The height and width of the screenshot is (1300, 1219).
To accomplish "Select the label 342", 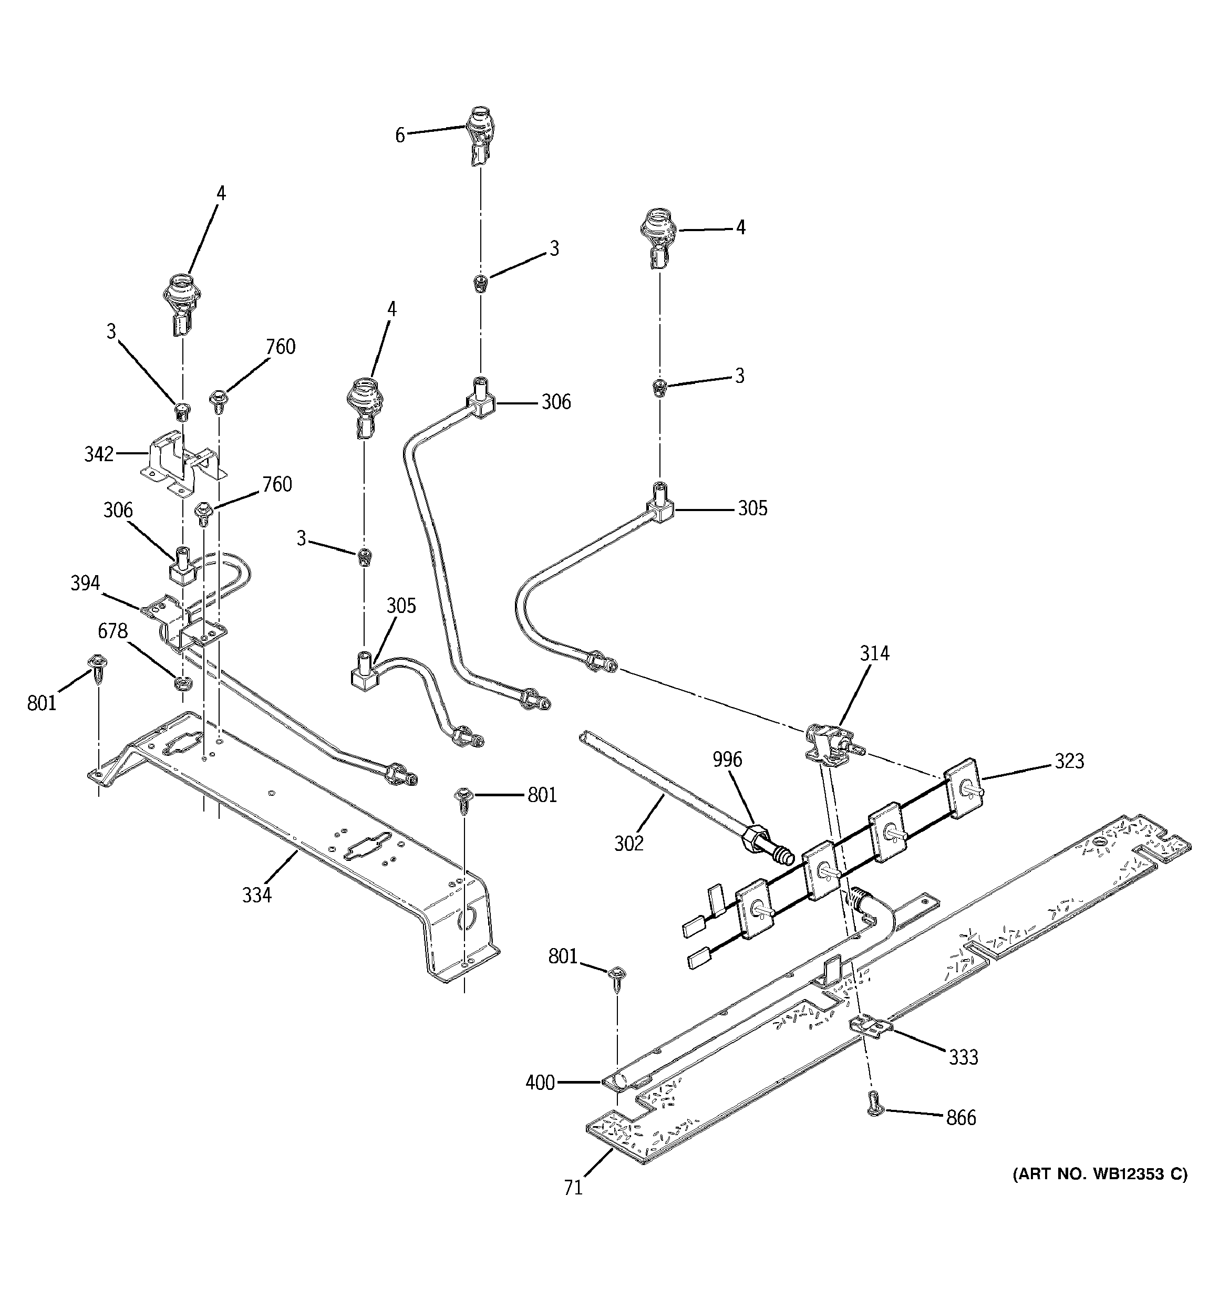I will click(x=99, y=454).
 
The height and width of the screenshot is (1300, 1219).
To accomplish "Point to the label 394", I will click(x=85, y=583).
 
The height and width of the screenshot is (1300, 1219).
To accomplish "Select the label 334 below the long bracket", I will click(x=256, y=895).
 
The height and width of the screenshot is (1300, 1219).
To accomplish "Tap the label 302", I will click(x=629, y=844).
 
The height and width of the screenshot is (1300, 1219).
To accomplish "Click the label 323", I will click(x=1069, y=761).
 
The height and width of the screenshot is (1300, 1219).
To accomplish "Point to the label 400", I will click(x=540, y=1084).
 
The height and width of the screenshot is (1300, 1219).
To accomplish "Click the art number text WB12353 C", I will click(x=1099, y=1174).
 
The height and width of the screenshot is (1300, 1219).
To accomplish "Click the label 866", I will click(x=960, y=1118).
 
